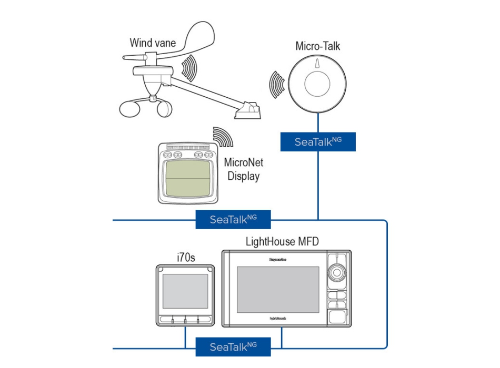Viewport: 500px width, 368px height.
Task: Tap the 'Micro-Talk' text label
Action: (x=318, y=46)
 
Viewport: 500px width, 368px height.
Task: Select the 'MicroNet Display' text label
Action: (x=243, y=169)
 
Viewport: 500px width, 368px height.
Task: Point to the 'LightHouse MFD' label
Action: (x=282, y=242)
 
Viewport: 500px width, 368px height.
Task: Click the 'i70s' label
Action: (x=185, y=257)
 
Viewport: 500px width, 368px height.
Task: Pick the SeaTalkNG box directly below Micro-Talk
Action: (x=318, y=142)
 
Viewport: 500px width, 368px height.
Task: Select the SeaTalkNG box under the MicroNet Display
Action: (x=233, y=219)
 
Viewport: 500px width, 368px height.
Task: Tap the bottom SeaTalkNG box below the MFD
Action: (x=233, y=347)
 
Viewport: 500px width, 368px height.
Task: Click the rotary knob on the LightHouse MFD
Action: (x=337, y=273)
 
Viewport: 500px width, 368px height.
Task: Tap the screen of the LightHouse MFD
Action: (x=278, y=290)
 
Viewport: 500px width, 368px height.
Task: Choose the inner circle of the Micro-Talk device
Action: (x=318, y=84)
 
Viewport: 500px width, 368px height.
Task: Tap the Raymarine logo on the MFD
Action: (x=277, y=259)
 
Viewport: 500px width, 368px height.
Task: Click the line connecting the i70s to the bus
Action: (x=185, y=336)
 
